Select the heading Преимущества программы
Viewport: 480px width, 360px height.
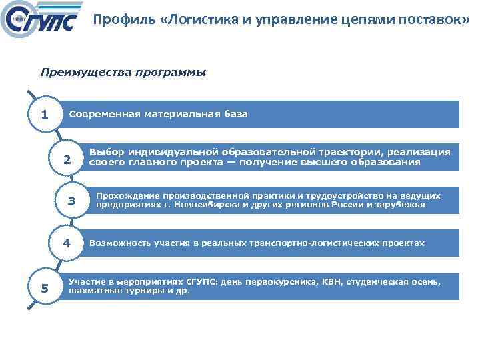tap(123, 72)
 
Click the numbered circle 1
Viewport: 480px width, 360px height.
tap(44, 114)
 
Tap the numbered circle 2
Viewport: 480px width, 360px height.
tap(67, 159)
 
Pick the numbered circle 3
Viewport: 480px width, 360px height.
tap(71, 201)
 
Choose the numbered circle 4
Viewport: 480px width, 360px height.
tap(67, 243)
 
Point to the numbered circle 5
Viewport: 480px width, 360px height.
tap(44, 288)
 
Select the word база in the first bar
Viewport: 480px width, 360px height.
tap(234, 114)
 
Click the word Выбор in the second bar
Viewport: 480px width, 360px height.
tap(106, 153)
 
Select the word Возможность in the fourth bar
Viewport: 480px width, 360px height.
tap(121, 243)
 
